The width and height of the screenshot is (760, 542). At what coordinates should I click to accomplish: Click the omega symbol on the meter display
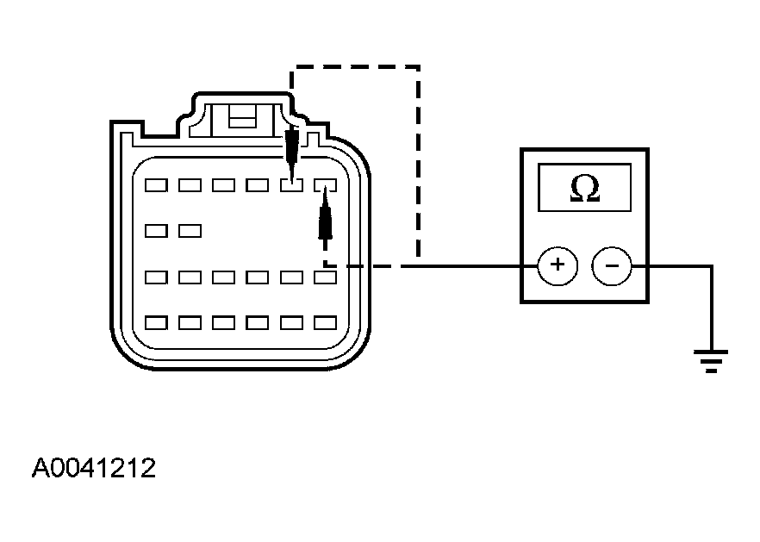click(585, 188)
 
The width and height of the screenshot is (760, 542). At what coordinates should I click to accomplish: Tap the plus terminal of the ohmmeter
click(558, 265)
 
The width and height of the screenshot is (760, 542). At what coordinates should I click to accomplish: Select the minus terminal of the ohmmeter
click(612, 265)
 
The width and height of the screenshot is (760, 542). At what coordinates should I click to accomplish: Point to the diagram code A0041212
click(94, 468)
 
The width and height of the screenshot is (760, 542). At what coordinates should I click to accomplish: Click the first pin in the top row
click(156, 185)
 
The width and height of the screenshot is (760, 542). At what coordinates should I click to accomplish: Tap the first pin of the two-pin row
click(156, 231)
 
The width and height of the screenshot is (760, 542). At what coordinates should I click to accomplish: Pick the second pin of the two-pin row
click(190, 231)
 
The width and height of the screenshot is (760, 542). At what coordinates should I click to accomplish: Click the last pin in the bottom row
click(325, 323)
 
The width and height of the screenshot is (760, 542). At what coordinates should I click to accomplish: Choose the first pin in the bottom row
click(156, 323)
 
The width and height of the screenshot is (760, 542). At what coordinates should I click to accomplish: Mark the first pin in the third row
click(156, 277)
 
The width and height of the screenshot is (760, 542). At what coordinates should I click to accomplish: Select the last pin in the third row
click(325, 277)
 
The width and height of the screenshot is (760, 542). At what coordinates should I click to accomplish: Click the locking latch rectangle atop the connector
click(242, 117)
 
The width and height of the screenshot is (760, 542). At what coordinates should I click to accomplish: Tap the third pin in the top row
click(224, 185)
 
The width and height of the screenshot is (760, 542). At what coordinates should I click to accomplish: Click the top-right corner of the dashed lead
click(418, 67)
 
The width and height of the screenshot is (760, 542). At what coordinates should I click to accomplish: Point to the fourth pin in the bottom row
click(258, 323)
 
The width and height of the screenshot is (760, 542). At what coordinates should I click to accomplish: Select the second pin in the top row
click(190, 185)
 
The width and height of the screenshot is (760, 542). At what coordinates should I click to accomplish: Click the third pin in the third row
click(224, 277)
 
